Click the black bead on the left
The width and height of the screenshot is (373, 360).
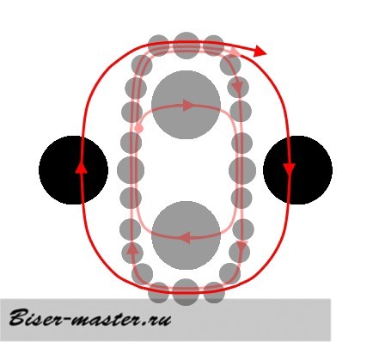click(x=73, y=170)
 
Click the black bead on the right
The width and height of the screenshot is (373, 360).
click(x=297, y=170)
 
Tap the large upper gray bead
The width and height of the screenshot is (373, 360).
click(x=186, y=105)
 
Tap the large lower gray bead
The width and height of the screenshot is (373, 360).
click(x=186, y=235)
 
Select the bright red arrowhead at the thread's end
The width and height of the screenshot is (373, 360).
click(x=260, y=51)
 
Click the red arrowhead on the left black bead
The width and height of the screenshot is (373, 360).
click(x=82, y=167)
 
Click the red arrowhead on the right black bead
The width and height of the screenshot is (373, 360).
click(x=289, y=169)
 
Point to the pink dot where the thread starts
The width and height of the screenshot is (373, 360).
click(x=139, y=128)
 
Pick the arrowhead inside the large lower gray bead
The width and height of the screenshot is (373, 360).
click(x=185, y=237)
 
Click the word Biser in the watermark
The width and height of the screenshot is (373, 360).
click(x=35, y=318)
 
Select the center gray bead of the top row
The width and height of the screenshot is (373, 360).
click(x=186, y=46)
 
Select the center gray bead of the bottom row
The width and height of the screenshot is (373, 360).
click(x=186, y=292)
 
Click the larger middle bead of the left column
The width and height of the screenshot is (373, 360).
click(x=131, y=170)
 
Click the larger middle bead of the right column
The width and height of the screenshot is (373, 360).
click(x=242, y=170)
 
